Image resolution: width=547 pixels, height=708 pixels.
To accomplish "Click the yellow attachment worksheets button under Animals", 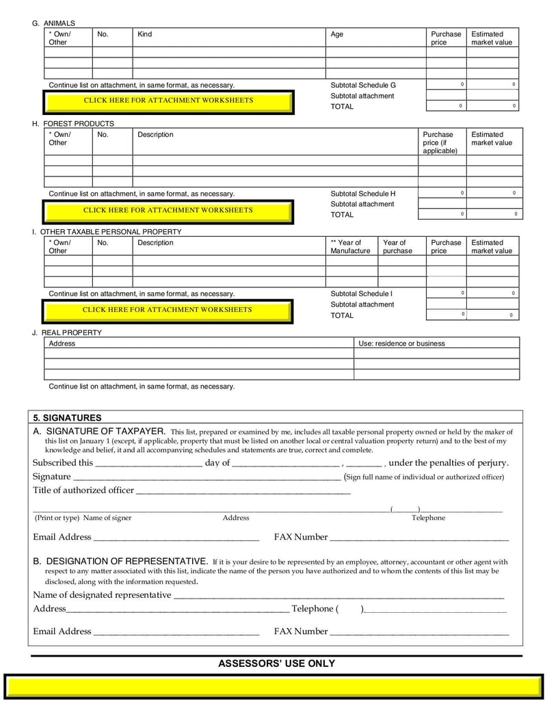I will [168, 101].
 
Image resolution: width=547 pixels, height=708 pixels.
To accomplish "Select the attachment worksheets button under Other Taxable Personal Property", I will [168, 311].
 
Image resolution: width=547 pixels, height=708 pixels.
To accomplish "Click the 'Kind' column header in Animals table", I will [145, 34].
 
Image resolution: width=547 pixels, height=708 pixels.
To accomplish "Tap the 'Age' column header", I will [337, 34].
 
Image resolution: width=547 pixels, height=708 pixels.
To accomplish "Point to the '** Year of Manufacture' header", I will [350, 247].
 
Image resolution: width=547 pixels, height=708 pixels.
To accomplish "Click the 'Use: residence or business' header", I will [401, 343].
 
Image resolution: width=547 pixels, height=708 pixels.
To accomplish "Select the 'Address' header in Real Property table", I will [62, 343].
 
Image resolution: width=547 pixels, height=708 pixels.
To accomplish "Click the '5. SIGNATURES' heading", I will [67, 418].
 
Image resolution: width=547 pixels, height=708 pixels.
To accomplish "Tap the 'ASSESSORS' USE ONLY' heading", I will [276, 664].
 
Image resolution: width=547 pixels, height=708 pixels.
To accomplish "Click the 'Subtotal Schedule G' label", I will [363, 86].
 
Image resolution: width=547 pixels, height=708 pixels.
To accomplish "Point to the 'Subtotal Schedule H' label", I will [363, 194].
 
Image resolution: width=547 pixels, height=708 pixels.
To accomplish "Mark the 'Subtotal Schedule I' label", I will [362, 294].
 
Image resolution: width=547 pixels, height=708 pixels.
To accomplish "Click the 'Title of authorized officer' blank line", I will [243, 491].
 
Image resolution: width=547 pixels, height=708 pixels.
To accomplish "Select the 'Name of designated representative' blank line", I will [338, 596].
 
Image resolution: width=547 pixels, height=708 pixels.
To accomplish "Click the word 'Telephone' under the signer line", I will [428, 518].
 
